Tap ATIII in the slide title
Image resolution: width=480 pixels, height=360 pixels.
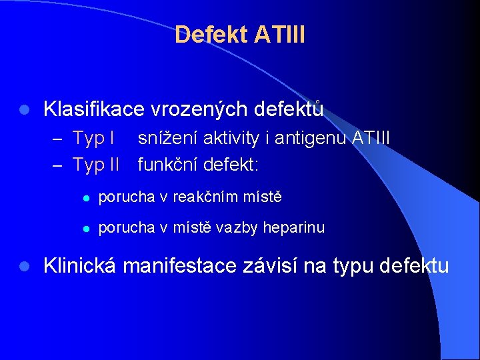280,35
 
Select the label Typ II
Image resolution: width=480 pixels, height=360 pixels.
95,163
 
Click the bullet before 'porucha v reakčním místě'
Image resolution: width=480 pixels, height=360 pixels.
81,198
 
